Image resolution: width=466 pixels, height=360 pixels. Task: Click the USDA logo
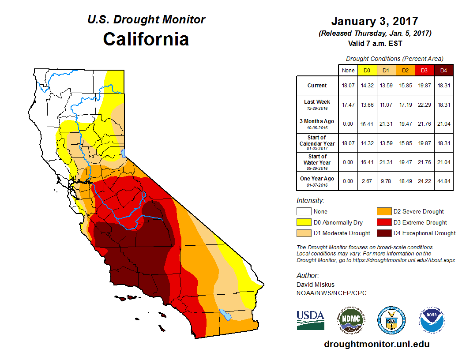coord(310,320)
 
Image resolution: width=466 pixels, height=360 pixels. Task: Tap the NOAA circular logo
coord(432,320)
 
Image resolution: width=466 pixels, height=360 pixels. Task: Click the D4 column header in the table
coord(444,70)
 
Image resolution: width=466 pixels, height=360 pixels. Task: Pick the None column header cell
coord(348,70)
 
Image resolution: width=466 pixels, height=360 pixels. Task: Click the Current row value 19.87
coord(424,86)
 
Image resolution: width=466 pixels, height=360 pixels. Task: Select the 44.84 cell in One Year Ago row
coord(444,179)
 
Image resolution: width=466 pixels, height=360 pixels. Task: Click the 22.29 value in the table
coord(424,105)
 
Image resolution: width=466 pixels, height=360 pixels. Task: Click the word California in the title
coord(146,39)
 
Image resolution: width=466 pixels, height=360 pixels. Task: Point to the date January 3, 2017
coord(375,21)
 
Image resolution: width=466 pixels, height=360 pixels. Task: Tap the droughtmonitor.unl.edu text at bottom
coord(376,344)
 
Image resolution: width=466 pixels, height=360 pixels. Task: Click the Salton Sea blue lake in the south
coord(225,315)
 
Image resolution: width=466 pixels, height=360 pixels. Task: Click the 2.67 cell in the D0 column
coord(367,179)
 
